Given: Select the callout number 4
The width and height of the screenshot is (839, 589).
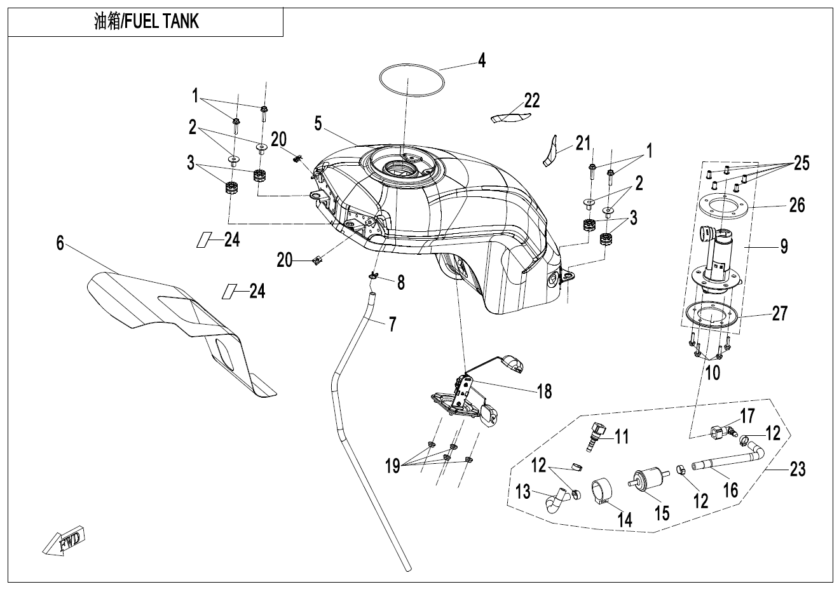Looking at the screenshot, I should [482, 61].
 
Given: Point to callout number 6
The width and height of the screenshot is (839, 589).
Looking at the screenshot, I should [60, 243].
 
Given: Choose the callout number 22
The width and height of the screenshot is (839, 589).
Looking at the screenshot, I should [532, 100].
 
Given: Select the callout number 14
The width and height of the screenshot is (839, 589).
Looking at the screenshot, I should [625, 520].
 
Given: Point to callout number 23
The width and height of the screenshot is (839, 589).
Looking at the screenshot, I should [797, 470].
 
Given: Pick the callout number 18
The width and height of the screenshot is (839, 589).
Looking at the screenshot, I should [545, 391].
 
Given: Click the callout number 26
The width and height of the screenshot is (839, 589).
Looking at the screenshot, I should [796, 205].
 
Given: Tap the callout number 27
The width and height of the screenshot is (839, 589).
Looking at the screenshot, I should [779, 313].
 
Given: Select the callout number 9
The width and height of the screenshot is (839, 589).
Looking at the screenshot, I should [784, 246].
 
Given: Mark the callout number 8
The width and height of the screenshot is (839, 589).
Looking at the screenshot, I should [401, 282].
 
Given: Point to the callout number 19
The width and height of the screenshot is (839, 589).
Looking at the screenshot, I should [392, 467].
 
